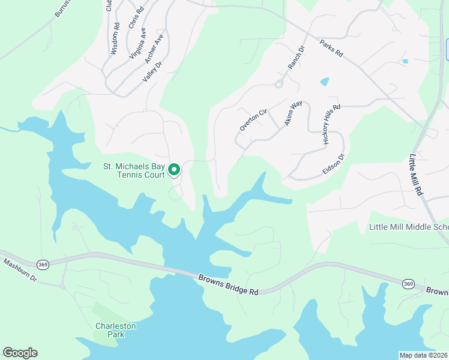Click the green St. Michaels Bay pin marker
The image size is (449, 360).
[174, 170]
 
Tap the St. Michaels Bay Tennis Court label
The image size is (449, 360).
[133, 170]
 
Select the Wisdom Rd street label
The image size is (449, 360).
[114, 39]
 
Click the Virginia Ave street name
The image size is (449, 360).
[137, 43]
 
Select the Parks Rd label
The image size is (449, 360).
[331, 48]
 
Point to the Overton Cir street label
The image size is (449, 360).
[252, 120]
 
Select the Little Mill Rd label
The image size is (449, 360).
[416, 174]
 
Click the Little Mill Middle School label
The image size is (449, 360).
[408, 227]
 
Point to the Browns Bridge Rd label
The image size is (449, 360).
[229, 284]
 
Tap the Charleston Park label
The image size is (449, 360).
[116, 329]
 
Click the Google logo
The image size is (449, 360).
[20, 353]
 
